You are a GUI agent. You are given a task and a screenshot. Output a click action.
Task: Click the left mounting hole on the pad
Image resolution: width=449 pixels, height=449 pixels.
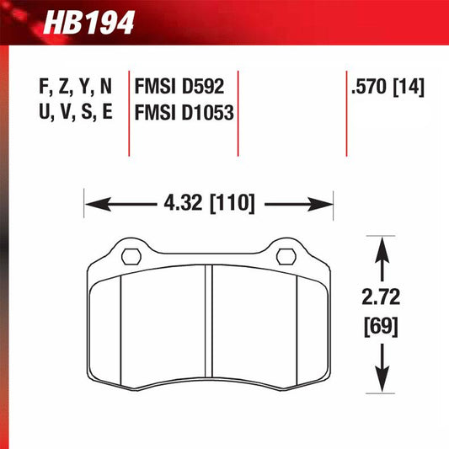132,255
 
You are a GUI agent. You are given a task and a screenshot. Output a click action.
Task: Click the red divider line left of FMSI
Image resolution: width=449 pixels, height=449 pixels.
129,110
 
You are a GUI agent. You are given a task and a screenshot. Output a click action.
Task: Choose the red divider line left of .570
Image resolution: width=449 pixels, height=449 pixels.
346,110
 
